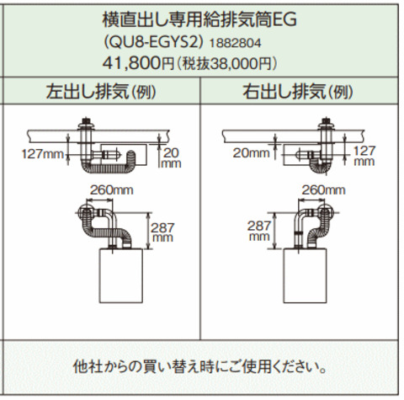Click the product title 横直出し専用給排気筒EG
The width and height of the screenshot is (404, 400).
[x=199, y=19]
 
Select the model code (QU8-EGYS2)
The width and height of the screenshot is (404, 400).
[x=153, y=43]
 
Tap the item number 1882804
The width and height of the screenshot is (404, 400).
[x=235, y=43]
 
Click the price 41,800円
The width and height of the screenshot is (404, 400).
[x=139, y=63]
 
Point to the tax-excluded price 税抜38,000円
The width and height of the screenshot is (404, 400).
[x=227, y=64]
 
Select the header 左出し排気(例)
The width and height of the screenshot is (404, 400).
[x=101, y=91]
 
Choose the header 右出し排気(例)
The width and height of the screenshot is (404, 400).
[x=298, y=91]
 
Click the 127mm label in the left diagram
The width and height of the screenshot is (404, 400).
[x=43, y=154]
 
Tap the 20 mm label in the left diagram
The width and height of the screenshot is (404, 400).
[x=171, y=158]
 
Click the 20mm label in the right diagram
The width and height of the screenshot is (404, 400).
[x=251, y=153]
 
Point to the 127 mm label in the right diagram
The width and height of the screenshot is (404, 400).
[x=364, y=156]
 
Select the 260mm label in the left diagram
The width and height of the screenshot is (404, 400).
[x=111, y=190]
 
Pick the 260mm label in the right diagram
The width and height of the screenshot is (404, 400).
[x=323, y=190]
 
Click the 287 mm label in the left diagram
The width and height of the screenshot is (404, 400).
[x=162, y=232]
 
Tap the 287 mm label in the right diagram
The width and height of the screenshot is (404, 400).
[x=259, y=231]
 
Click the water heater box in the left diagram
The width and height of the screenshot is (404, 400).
[x=121, y=275]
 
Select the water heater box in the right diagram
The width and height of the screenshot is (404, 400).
[x=305, y=275]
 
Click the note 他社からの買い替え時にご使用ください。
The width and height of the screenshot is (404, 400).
[x=199, y=366]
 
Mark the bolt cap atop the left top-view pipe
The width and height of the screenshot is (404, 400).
[x=86, y=122]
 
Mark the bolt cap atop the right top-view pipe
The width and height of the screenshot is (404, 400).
[x=326, y=122]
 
